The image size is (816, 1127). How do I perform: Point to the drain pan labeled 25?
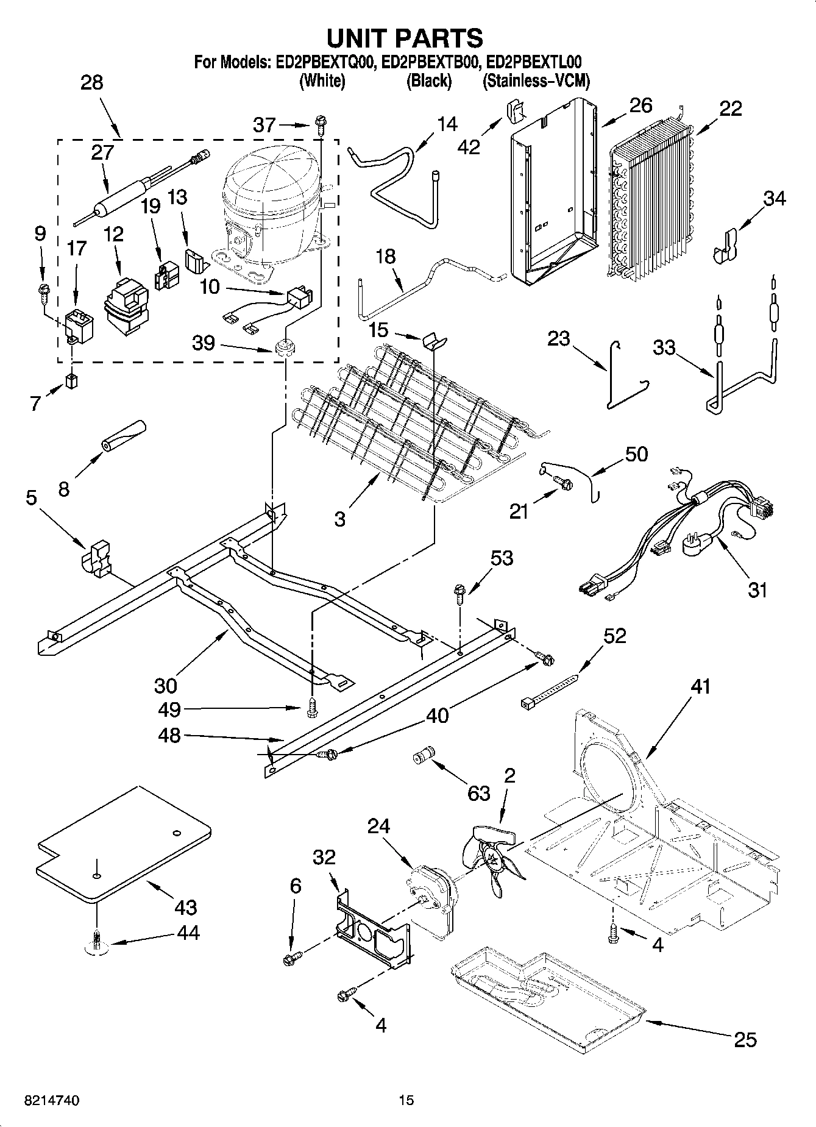point(545,999)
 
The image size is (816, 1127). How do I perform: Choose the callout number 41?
point(701,686)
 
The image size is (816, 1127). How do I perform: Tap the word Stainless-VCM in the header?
point(536,81)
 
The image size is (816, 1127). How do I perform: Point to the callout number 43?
point(185,907)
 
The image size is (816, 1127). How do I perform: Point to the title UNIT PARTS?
point(405,38)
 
